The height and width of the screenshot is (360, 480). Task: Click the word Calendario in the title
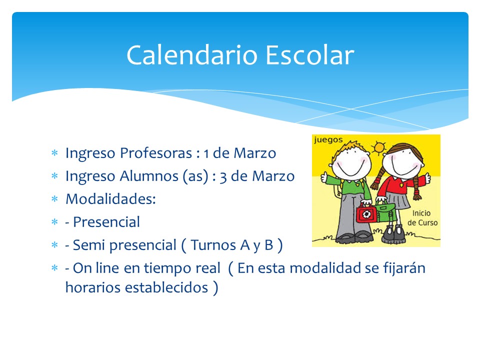[192, 55]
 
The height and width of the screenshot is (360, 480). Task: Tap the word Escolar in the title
[310, 55]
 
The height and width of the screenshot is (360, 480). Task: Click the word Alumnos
[149, 176]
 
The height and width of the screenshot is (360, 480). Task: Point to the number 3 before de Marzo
[223, 177]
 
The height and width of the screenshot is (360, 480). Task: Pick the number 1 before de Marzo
[206, 153]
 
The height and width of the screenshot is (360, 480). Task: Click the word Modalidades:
[111, 199]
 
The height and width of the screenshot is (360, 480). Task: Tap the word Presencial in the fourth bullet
[106, 222]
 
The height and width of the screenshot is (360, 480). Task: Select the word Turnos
[213, 245]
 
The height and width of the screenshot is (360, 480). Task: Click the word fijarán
[404, 268]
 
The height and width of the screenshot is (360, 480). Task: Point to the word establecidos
[167, 287]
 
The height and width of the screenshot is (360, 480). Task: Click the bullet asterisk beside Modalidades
[55, 199]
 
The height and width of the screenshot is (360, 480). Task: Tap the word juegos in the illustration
[328, 140]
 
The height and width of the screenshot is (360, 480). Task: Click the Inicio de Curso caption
[422, 218]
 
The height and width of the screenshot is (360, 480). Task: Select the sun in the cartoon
[379, 147]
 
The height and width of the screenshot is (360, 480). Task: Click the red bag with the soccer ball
[366, 213]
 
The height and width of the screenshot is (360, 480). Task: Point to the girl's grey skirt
[397, 200]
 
